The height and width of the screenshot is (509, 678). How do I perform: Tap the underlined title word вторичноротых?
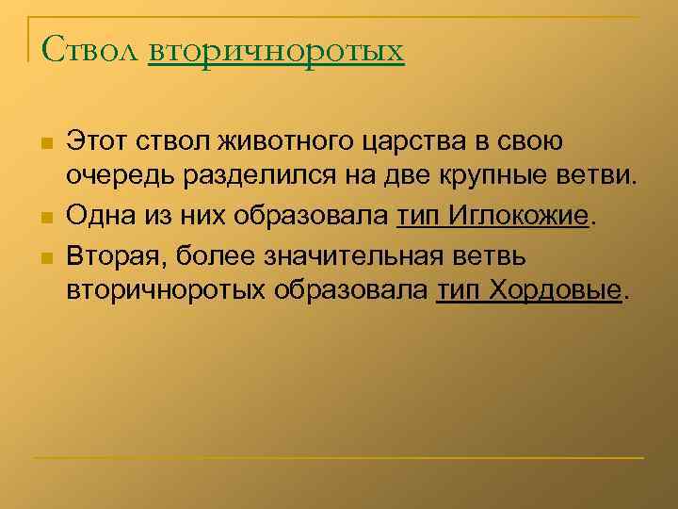pyautogui.click(x=276, y=49)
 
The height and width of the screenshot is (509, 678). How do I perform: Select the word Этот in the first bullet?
pyautogui.click(x=98, y=144)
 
